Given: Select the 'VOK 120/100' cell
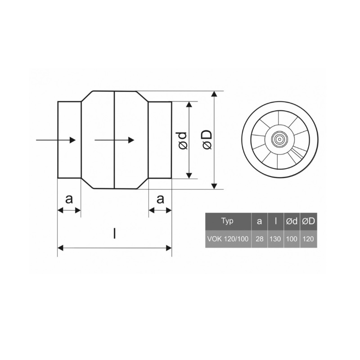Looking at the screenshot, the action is tap(228, 239).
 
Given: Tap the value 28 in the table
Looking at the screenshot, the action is tap(260, 239).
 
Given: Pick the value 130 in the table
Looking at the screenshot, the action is tap(275, 239).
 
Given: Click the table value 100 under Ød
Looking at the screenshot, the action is tap(292, 239).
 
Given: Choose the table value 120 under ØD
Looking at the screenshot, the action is tap(308, 239).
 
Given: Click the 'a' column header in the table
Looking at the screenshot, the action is tap(260, 221).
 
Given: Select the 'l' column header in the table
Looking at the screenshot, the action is tap(275, 221).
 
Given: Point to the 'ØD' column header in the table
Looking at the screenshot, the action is tap(308, 221).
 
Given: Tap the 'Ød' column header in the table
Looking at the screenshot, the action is tap(292, 221).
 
